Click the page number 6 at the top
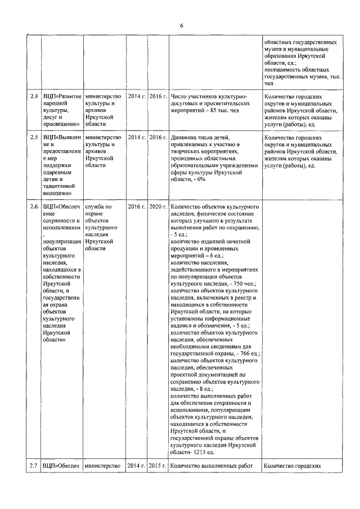click(x=182, y=26)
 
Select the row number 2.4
click(x=34, y=97)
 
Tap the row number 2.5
click(x=34, y=138)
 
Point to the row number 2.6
click(x=34, y=207)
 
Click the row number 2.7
click(x=34, y=466)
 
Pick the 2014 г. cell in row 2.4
click(x=137, y=97)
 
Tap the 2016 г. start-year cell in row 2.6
click(x=137, y=207)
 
